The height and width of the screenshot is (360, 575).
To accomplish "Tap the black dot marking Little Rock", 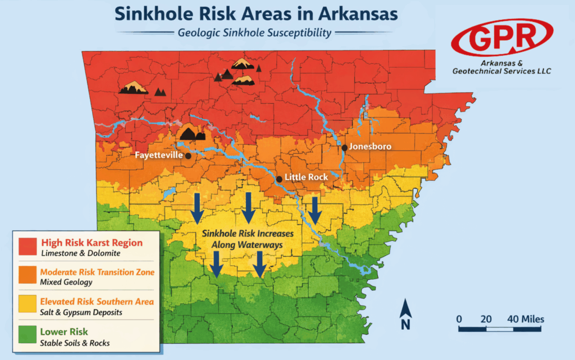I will point(279,179).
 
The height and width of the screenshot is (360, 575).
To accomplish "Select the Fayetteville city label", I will point(158,154).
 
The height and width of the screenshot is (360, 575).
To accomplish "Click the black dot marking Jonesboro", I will point(344,148).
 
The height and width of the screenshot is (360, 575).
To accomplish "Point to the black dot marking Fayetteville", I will point(188,157).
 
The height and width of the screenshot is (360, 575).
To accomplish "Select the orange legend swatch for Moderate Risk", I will point(28,277).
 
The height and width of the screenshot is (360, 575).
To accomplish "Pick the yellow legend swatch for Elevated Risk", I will point(28,306).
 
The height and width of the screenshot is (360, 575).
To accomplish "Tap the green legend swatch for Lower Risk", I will point(28,336).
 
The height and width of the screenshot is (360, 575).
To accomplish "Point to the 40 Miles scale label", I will point(526,319).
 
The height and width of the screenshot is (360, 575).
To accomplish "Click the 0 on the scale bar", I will point(459,319).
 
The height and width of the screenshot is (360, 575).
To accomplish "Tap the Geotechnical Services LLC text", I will point(501,71).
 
